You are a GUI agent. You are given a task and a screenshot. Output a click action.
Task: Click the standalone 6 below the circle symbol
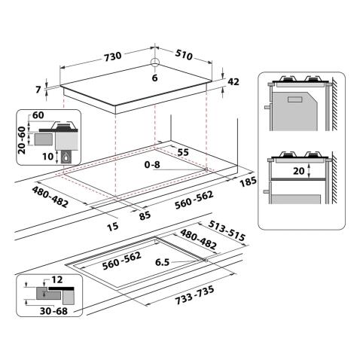pyautogui.click(x=155, y=78)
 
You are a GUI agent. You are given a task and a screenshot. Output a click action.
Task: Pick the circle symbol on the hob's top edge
pyautogui.click(x=155, y=63)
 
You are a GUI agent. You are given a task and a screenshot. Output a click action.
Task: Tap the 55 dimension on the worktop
pyautogui.click(x=182, y=151)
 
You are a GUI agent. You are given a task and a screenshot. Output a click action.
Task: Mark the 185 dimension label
pyautogui.click(x=247, y=182)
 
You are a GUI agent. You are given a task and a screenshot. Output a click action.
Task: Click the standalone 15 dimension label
pyautogui.click(x=112, y=227)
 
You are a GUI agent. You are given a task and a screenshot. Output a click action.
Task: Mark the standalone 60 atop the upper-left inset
pyautogui.click(x=39, y=115)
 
